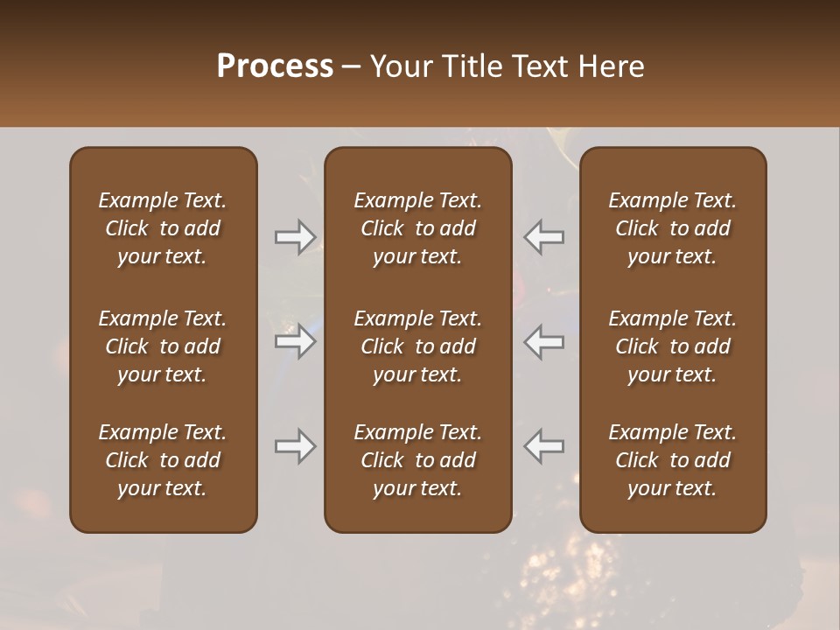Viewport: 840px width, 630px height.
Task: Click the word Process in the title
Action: (x=275, y=66)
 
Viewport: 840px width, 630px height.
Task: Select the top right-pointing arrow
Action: (x=296, y=237)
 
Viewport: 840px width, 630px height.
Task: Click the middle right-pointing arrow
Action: (x=296, y=341)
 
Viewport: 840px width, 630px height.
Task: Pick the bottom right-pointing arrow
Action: (x=296, y=446)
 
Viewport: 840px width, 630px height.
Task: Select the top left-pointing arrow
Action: (x=544, y=237)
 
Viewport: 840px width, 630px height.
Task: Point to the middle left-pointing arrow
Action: (x=544, y=341)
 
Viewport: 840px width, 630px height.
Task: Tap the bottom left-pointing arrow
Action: (x=544, y=446)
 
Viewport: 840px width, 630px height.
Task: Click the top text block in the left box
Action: (x=163, y=228)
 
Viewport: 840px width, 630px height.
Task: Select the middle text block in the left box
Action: (x=163, y=346)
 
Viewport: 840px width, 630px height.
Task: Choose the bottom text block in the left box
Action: (x=163, y=460)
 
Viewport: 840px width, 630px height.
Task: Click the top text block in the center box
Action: (x=418, y=228)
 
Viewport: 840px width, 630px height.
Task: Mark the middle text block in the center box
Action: (x=418, y=346)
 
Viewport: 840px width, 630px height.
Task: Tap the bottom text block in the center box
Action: (x=418, y=460)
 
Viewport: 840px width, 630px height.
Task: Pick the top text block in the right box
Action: (x=673, y=228)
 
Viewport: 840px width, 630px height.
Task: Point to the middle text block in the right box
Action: (x=673, y=346)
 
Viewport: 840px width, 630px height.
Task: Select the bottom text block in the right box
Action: (x=673, y=460)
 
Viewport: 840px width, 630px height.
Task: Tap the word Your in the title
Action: (x=399, y=66)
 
